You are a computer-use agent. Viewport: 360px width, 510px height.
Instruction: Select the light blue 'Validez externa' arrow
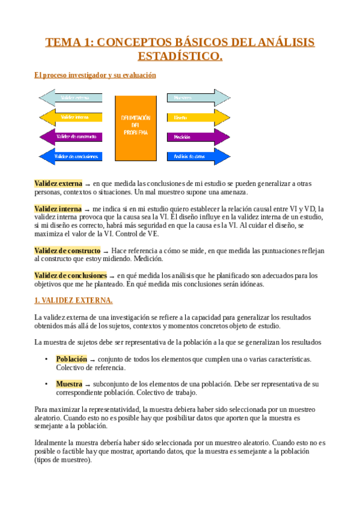point(70,97)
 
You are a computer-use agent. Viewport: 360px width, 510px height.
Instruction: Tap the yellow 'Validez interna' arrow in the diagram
point(70,117)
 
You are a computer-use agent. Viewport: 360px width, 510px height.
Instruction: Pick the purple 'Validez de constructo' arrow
point(70,137)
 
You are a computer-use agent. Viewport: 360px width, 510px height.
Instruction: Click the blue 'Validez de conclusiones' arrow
point(70,156)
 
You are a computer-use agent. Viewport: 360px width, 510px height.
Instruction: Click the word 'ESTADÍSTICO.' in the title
point(180,57)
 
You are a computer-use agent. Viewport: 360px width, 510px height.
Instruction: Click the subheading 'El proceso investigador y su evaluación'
point(95,75)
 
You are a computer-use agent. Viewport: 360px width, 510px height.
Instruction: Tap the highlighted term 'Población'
point(72,358)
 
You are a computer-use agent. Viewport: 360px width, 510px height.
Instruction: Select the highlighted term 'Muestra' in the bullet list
point(69,384)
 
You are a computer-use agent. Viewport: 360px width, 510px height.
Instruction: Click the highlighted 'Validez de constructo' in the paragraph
point(67,250)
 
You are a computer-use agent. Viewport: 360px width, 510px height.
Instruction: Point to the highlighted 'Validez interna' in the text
point(58,209)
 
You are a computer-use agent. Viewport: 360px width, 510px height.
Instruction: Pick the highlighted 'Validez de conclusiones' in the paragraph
point(71,275)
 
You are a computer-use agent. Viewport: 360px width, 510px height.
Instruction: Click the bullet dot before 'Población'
point(46,359)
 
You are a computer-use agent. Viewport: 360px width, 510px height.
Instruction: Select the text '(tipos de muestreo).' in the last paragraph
point(63,460)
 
